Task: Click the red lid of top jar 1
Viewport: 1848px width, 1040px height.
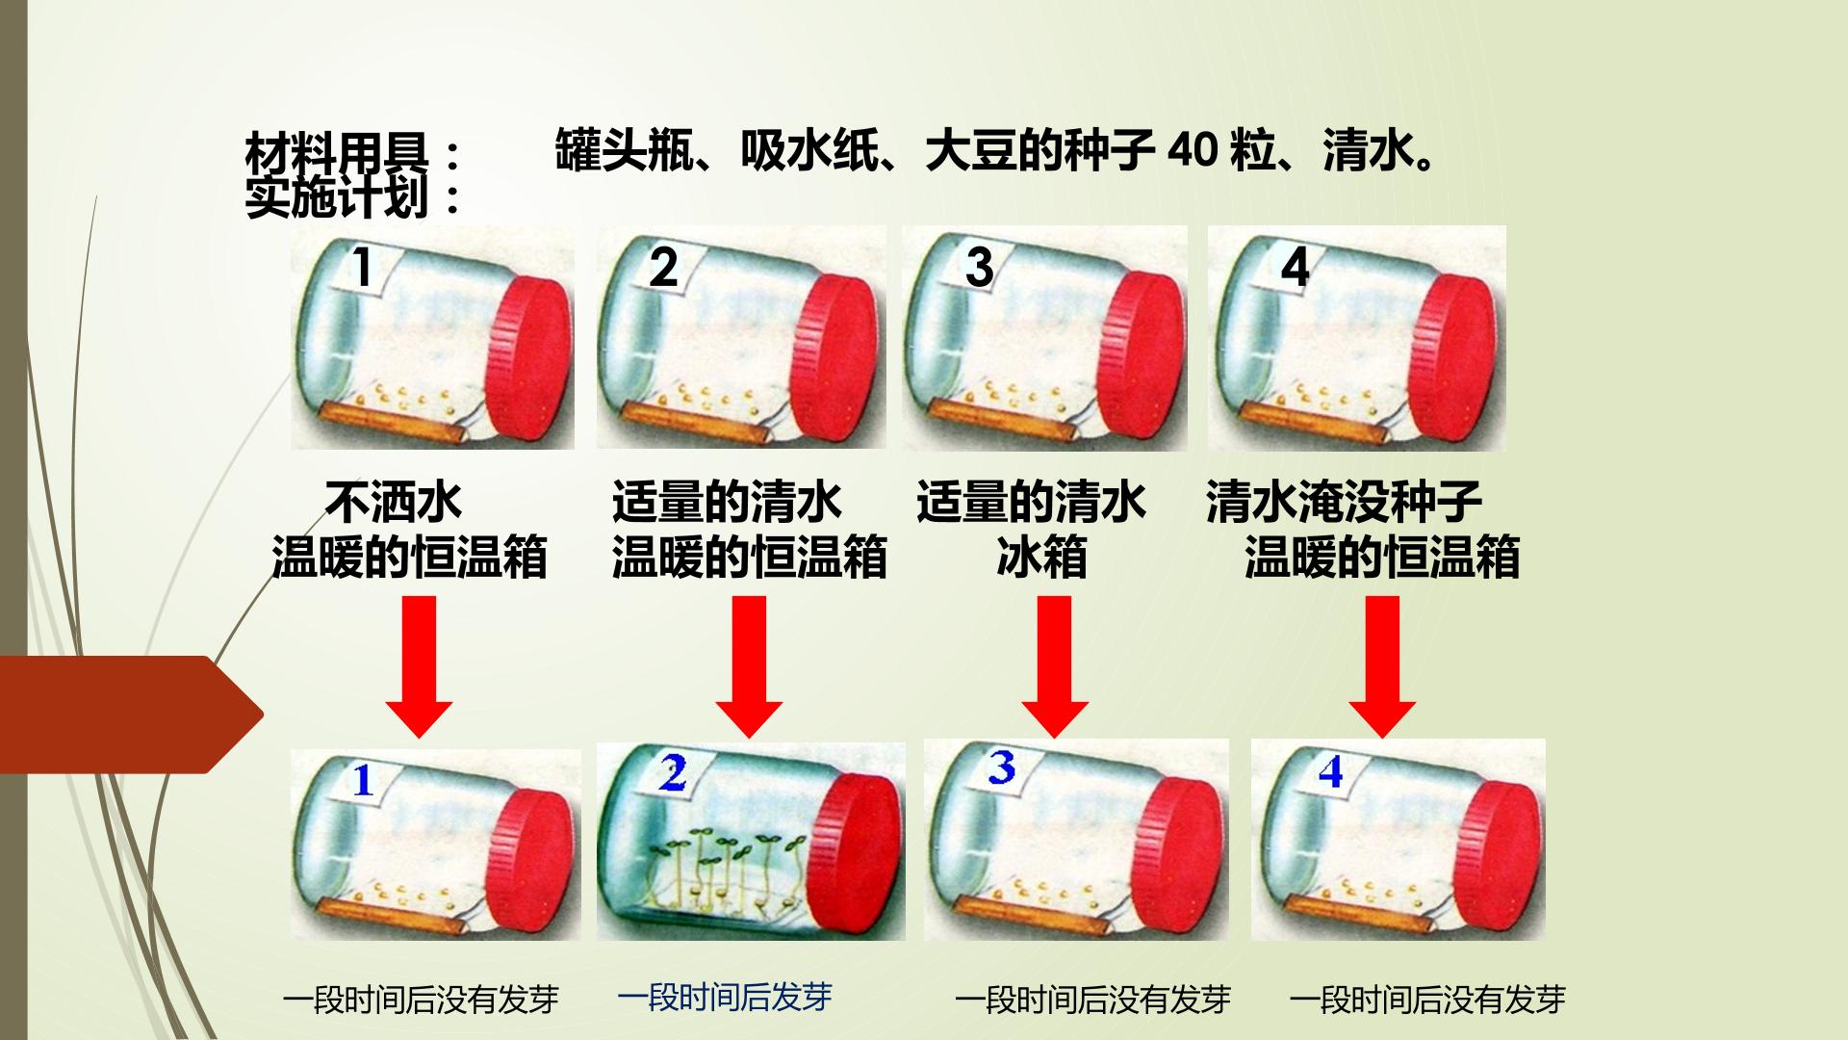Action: click(532, 360)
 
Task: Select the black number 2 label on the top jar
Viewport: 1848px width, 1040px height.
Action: click(663, 267)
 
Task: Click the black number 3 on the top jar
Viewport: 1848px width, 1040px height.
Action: click(979, 267)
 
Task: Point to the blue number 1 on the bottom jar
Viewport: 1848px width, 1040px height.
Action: click(363, 780)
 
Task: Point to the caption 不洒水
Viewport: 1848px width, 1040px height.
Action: click(393, 502)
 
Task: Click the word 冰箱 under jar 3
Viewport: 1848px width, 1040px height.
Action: click(1042, 558)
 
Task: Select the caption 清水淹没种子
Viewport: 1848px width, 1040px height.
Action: click(1345, 502)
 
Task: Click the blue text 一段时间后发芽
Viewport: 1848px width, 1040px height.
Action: click(725, 997)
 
